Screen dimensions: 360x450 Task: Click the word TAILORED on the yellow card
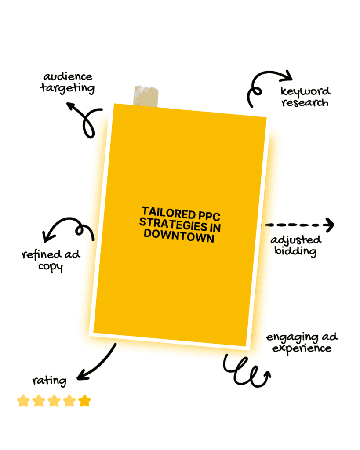click(168, 213)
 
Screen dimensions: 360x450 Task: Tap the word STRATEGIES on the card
click(173, 224)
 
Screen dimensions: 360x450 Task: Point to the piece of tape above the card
click(145, 96)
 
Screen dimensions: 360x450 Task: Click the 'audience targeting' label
click(68, 83)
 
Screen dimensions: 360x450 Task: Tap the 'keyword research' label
click(305, 97)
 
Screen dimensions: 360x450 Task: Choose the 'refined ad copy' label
click(51, 261)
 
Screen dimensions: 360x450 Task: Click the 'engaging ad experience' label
click(302, 342)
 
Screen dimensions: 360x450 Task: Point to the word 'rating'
click(49, 381)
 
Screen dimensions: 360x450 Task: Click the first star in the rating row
click(24, 401)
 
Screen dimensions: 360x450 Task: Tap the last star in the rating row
click(85, 401)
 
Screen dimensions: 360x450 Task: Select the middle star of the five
click(54, 401)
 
